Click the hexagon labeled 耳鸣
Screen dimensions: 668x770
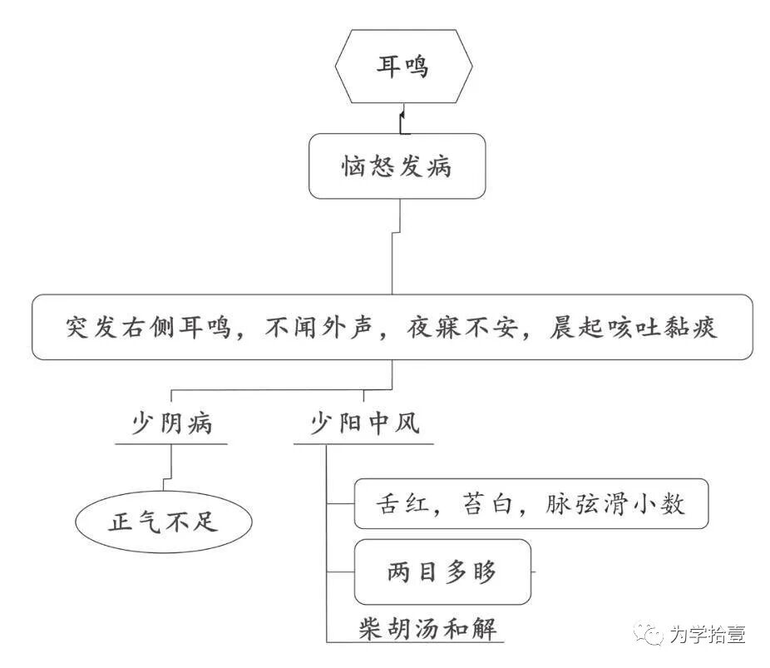402,67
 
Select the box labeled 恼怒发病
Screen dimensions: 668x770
397,166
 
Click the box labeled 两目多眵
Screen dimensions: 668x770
442,572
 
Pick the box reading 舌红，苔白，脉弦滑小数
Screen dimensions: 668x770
531,504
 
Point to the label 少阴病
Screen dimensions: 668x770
172,423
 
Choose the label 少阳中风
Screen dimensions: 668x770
364,423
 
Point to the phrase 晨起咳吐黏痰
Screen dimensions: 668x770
633,327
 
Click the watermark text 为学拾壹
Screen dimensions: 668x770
706,634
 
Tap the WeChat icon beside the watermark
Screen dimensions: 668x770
649,634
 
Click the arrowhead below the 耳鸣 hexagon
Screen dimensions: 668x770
403,112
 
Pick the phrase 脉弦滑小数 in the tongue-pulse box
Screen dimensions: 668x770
615,504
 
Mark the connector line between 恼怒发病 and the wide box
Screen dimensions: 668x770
394,258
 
